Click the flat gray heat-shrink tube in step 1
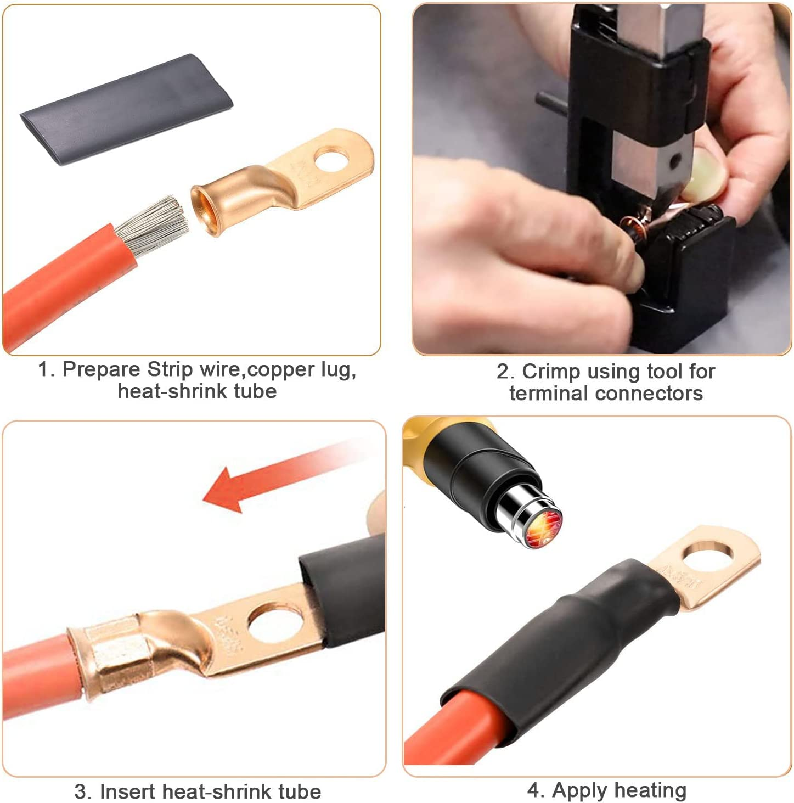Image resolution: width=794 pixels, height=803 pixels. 126,109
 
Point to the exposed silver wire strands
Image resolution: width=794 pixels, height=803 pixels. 152,225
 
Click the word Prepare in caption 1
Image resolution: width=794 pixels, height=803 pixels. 102,370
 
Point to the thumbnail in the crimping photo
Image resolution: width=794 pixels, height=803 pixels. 696,175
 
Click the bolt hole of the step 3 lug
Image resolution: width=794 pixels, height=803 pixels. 275,624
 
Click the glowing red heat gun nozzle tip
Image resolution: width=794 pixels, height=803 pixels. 543,526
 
